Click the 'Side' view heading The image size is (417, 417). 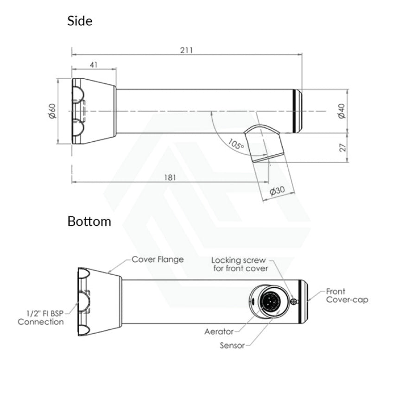pyautogui.click(x=80, y=21)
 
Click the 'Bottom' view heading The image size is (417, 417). pyautogui.click(x=89, y=221)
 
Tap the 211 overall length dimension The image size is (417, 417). pyautogui.click(x=186, y=50)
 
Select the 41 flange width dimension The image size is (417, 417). pyautogui.click(x=94, y=64)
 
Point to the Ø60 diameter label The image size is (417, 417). pyautogui.click(x=53, y=111)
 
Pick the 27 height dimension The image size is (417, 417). pyautogui.click(x=343, y=147)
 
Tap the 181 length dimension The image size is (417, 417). pyautogui.click(x=170, y=177)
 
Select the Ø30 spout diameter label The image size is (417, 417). pyautogui.click(x=277, y=191)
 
